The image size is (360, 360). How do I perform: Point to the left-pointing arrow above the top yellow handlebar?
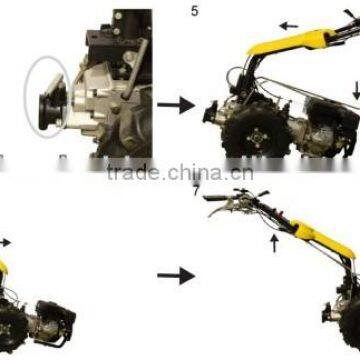click(x=289, y=26)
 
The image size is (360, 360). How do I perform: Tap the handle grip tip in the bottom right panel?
click(x=210, y=197)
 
